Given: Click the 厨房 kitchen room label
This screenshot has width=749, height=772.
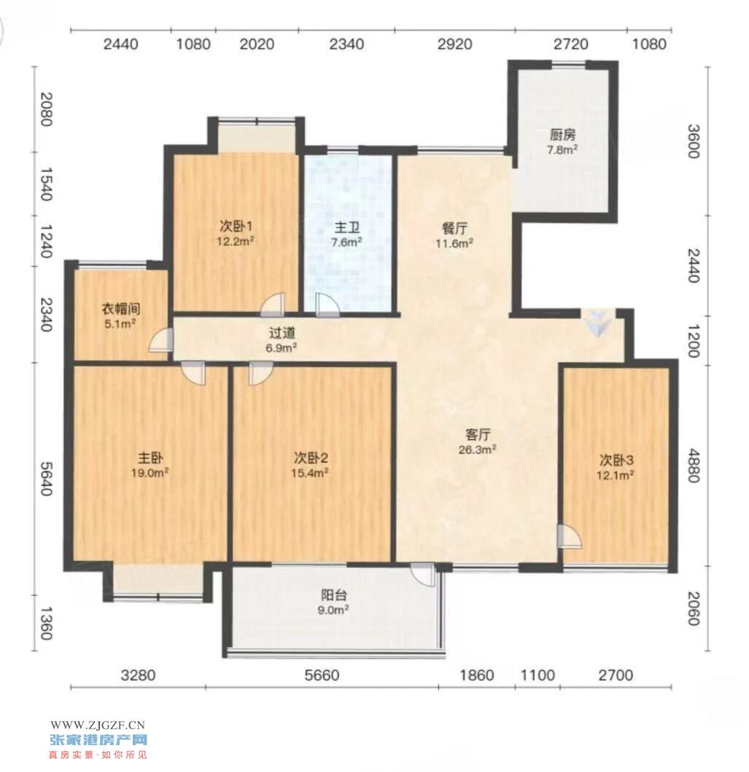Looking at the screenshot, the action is click(x=562, y=134).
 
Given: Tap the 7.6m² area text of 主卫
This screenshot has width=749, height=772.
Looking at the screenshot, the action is click(x=346, y=242).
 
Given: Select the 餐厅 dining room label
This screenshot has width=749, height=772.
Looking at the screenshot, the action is click(x=454, y=228).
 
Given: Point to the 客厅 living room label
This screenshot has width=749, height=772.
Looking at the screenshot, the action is click(x=478, y=435).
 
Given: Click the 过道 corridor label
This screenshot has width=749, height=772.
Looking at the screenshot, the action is click(x=282, y=333).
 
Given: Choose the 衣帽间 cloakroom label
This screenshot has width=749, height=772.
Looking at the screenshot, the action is click(x=120, y=309).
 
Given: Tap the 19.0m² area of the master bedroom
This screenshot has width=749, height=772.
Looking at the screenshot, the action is click(x=150, y=473).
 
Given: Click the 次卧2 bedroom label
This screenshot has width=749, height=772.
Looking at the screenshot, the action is click(x=311, y=458).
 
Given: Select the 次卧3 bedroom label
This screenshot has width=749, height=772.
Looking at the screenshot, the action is click(x=616, y=460).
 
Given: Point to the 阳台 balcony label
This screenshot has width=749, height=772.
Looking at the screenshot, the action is click(x=334, y=595).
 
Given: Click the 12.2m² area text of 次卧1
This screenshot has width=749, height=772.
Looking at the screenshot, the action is click(x=236, y=241).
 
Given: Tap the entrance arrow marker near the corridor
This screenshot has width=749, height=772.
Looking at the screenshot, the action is click(x=598, y=323).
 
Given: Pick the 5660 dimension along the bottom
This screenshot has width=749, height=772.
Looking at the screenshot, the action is click(x=322, y=675).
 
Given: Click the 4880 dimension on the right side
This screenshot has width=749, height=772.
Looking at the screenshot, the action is click(x=692, y=466).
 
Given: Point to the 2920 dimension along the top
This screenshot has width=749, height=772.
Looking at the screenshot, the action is click(x=454, y=45).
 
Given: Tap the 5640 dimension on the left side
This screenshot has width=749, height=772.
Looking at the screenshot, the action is click(x=46, y=479).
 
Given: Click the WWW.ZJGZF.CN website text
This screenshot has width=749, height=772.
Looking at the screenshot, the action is click(x=98, y=725).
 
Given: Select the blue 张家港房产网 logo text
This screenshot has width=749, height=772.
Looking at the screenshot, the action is click(x=98, y=739).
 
